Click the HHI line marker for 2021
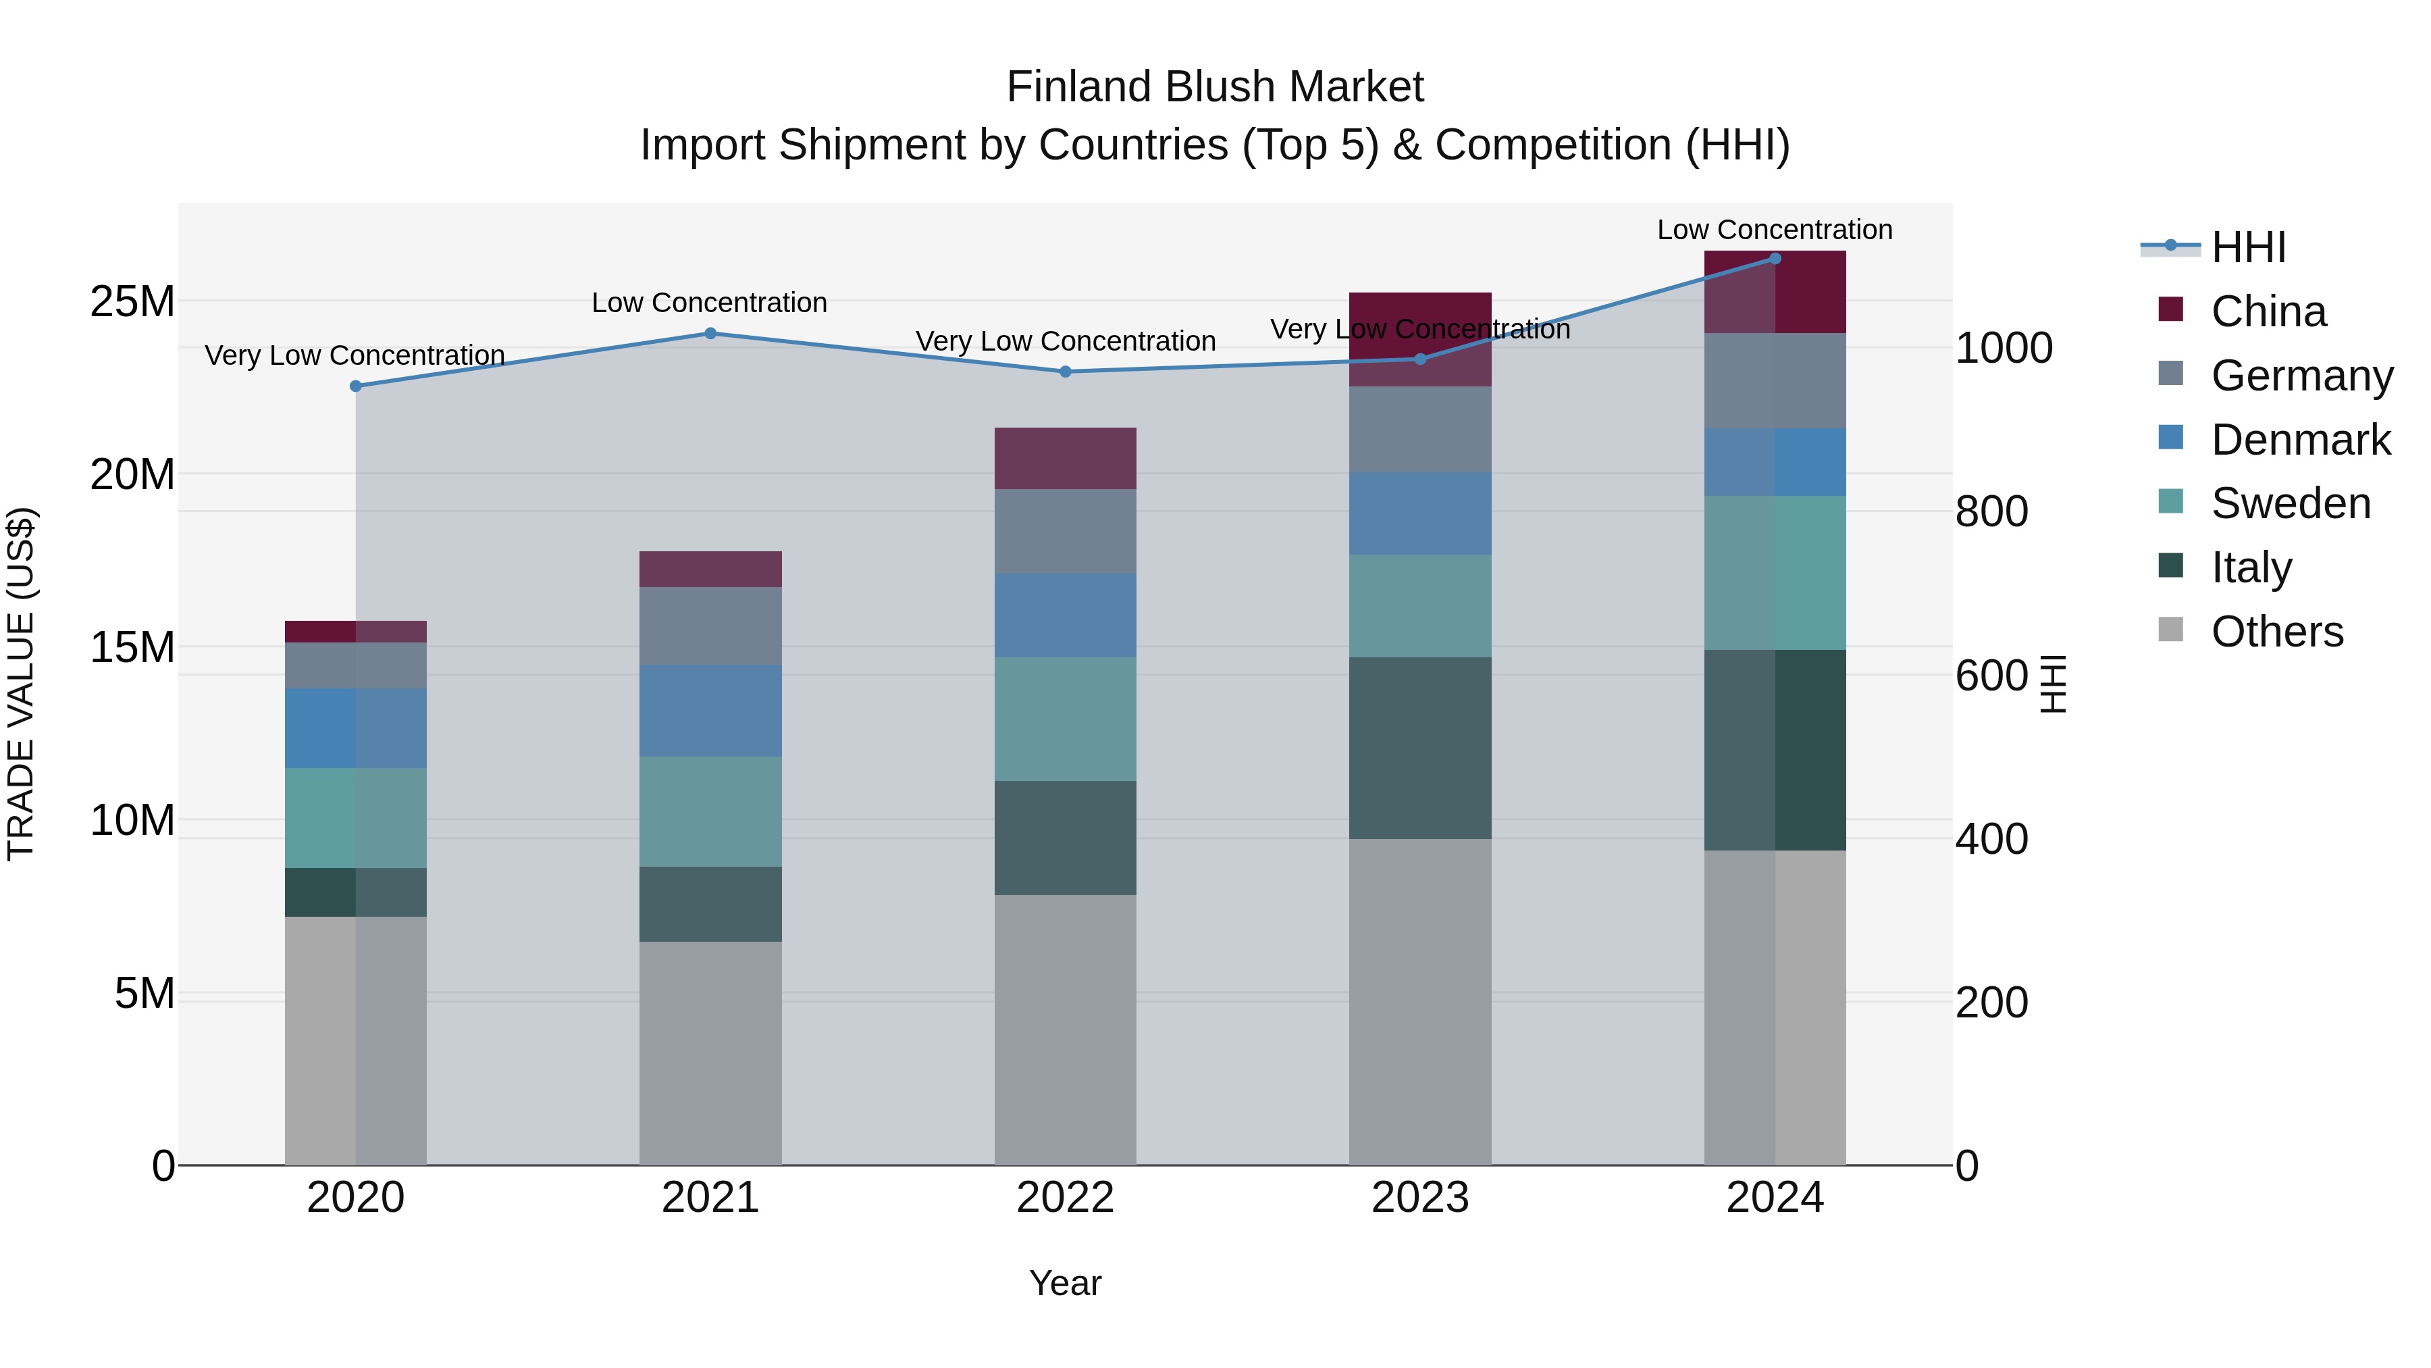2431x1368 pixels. (x=710, y=333)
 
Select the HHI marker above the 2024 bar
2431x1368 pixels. (x=1775, y=259)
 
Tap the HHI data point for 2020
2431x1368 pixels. (x=356, y=386)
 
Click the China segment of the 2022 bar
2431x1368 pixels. (x=1066, y=459)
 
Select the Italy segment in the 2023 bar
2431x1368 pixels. (x=1420, y=748)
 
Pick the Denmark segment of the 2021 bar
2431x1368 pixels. (x=710, y=710)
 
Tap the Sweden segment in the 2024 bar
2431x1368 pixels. (x=1775, y=573)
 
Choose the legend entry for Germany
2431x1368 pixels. (x=2301, y=376)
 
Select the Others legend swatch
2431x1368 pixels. (x=2170, y=630)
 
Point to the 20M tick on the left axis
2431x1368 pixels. (x=132, y=474)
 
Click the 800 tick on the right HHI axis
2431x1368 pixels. (x=1991, y=511)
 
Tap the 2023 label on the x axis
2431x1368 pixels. (x=1420, y=1198)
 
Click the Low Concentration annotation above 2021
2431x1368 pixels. (x=710, y=303)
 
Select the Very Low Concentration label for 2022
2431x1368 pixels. (x=1066, y=341)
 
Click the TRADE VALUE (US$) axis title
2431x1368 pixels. (x=21, y=684)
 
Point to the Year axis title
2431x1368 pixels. (x=1066, y=1283)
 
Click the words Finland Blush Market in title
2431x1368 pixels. (x=1215, y=87)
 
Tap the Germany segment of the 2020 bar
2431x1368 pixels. (x=356, y=665)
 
